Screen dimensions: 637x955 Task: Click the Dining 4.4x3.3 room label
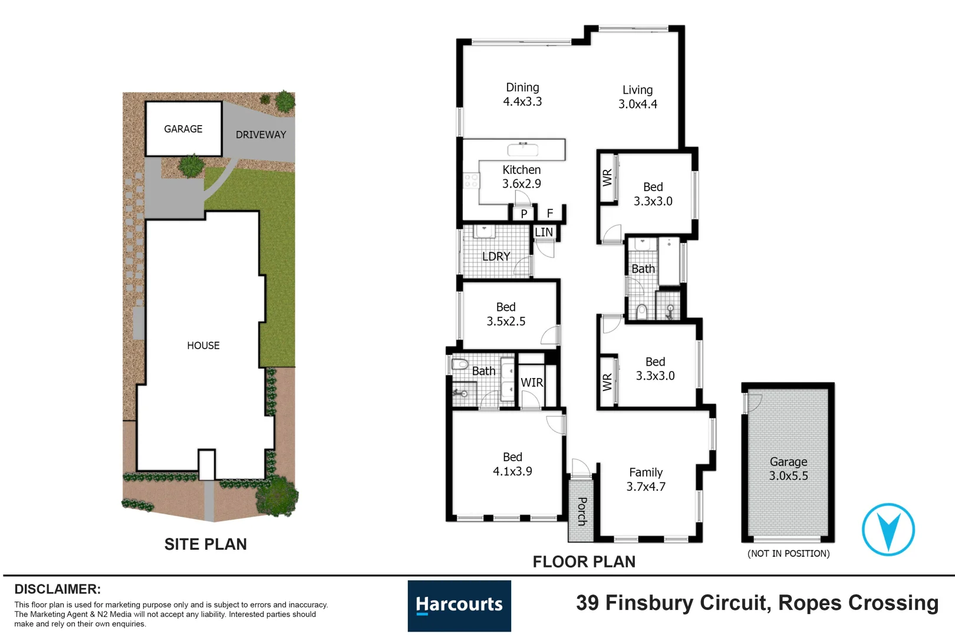(x=522, y=94)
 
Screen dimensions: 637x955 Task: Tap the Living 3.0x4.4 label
(x=637, y=97)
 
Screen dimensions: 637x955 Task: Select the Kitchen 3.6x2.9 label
(x=521, y=176)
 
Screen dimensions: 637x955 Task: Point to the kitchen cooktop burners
(x=471, y=181)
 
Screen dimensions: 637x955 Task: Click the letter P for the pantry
(x=523, y=214)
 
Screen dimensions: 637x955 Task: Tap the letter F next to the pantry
(x=550, y=214)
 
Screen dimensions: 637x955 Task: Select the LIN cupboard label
(x=544, y=232)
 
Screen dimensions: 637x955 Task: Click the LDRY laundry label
(x=496, y=257)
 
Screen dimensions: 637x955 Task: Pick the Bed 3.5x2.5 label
(x=506, y=314)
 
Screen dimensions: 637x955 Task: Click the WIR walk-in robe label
(x=532, y=383)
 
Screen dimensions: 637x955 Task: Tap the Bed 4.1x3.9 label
(x=512, y=464)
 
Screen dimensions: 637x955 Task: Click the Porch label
(x=582, y=511)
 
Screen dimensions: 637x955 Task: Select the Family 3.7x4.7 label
(x=646, y=480)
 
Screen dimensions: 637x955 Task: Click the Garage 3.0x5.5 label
(x=788, y=469)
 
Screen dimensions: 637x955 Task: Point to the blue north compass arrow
(x=888, y=529)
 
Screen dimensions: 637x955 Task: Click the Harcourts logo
(x=459, y=605)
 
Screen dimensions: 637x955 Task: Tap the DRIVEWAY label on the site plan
(x=261, y=135)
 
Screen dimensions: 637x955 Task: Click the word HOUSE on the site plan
(x=203, y=346)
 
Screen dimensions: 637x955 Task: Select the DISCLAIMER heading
(x=57, y=589)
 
